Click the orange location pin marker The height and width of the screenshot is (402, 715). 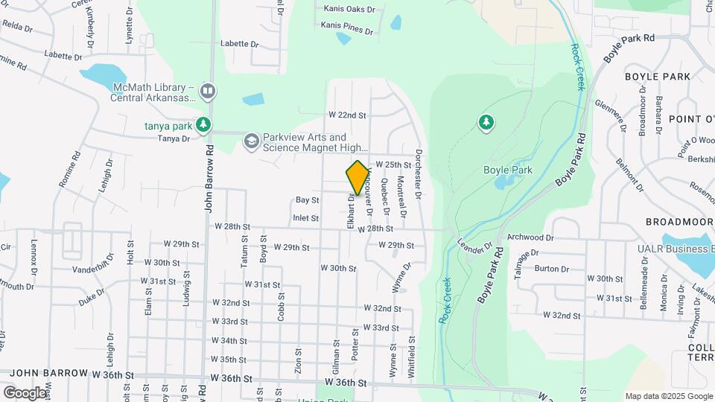pos(358,177)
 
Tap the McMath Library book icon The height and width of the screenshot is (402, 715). pos(208,92)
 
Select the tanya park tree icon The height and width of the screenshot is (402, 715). pos(203,125)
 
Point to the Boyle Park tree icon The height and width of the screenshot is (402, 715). pos(486,121)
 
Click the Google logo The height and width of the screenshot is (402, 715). pos(25,392)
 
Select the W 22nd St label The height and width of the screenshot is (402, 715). pos(347,115)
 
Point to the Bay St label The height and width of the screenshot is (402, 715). pos(307,200)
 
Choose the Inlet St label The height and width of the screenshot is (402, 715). pos(305,218)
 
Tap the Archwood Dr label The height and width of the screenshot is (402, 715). pos(530,237)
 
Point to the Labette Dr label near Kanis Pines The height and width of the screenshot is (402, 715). pos(239,44)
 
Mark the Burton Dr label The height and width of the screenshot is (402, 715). pos(547,269)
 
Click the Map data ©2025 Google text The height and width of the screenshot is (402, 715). pos(668,395)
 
